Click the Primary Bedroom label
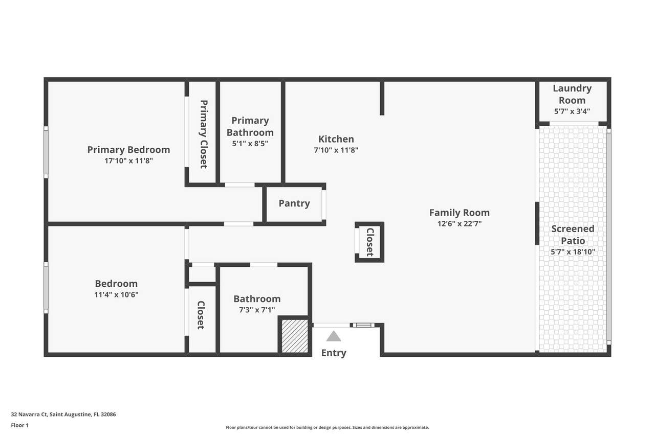pos(128,150)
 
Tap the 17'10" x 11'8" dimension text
pos(128,160)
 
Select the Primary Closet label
pos(204,134)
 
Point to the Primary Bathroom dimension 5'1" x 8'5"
pos(250,144)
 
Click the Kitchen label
pos(336,139)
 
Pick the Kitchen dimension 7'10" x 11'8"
pos(336,150)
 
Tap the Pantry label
pos(294,203)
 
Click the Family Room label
pos(460,213)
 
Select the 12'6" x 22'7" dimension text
pos(460,224)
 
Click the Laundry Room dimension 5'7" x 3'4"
pos(572,111)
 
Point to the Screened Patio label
pos(573,235)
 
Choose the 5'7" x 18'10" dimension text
pos(573,251)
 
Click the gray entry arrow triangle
pos(334,336)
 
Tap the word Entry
pos(334,353)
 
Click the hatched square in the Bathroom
pos(295,336)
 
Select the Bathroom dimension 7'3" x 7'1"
pos(257,310)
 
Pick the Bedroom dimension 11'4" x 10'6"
pos(116,294)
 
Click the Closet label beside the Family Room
pos(370,242)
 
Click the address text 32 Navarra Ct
pos(29,415)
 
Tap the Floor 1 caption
pos(19,425)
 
